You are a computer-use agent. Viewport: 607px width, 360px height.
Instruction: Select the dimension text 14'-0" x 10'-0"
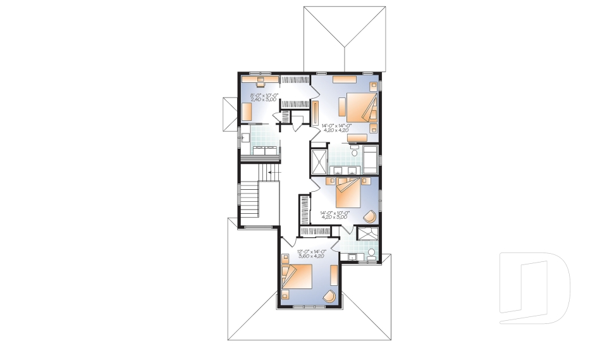point(335,213)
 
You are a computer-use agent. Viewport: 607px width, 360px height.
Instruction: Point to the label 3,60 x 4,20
point(310,256)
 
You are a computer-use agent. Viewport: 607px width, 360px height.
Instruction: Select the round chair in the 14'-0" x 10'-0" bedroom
point(370,216)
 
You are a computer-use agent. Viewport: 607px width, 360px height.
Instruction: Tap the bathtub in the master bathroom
point(369,158)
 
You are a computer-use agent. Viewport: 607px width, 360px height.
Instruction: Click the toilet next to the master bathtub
point(354,152)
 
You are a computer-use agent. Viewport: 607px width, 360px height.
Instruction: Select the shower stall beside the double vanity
point(319,162)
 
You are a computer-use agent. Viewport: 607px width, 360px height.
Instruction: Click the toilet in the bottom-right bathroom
point(371,254)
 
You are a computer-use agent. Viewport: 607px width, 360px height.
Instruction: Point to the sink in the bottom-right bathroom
point(352,257)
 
